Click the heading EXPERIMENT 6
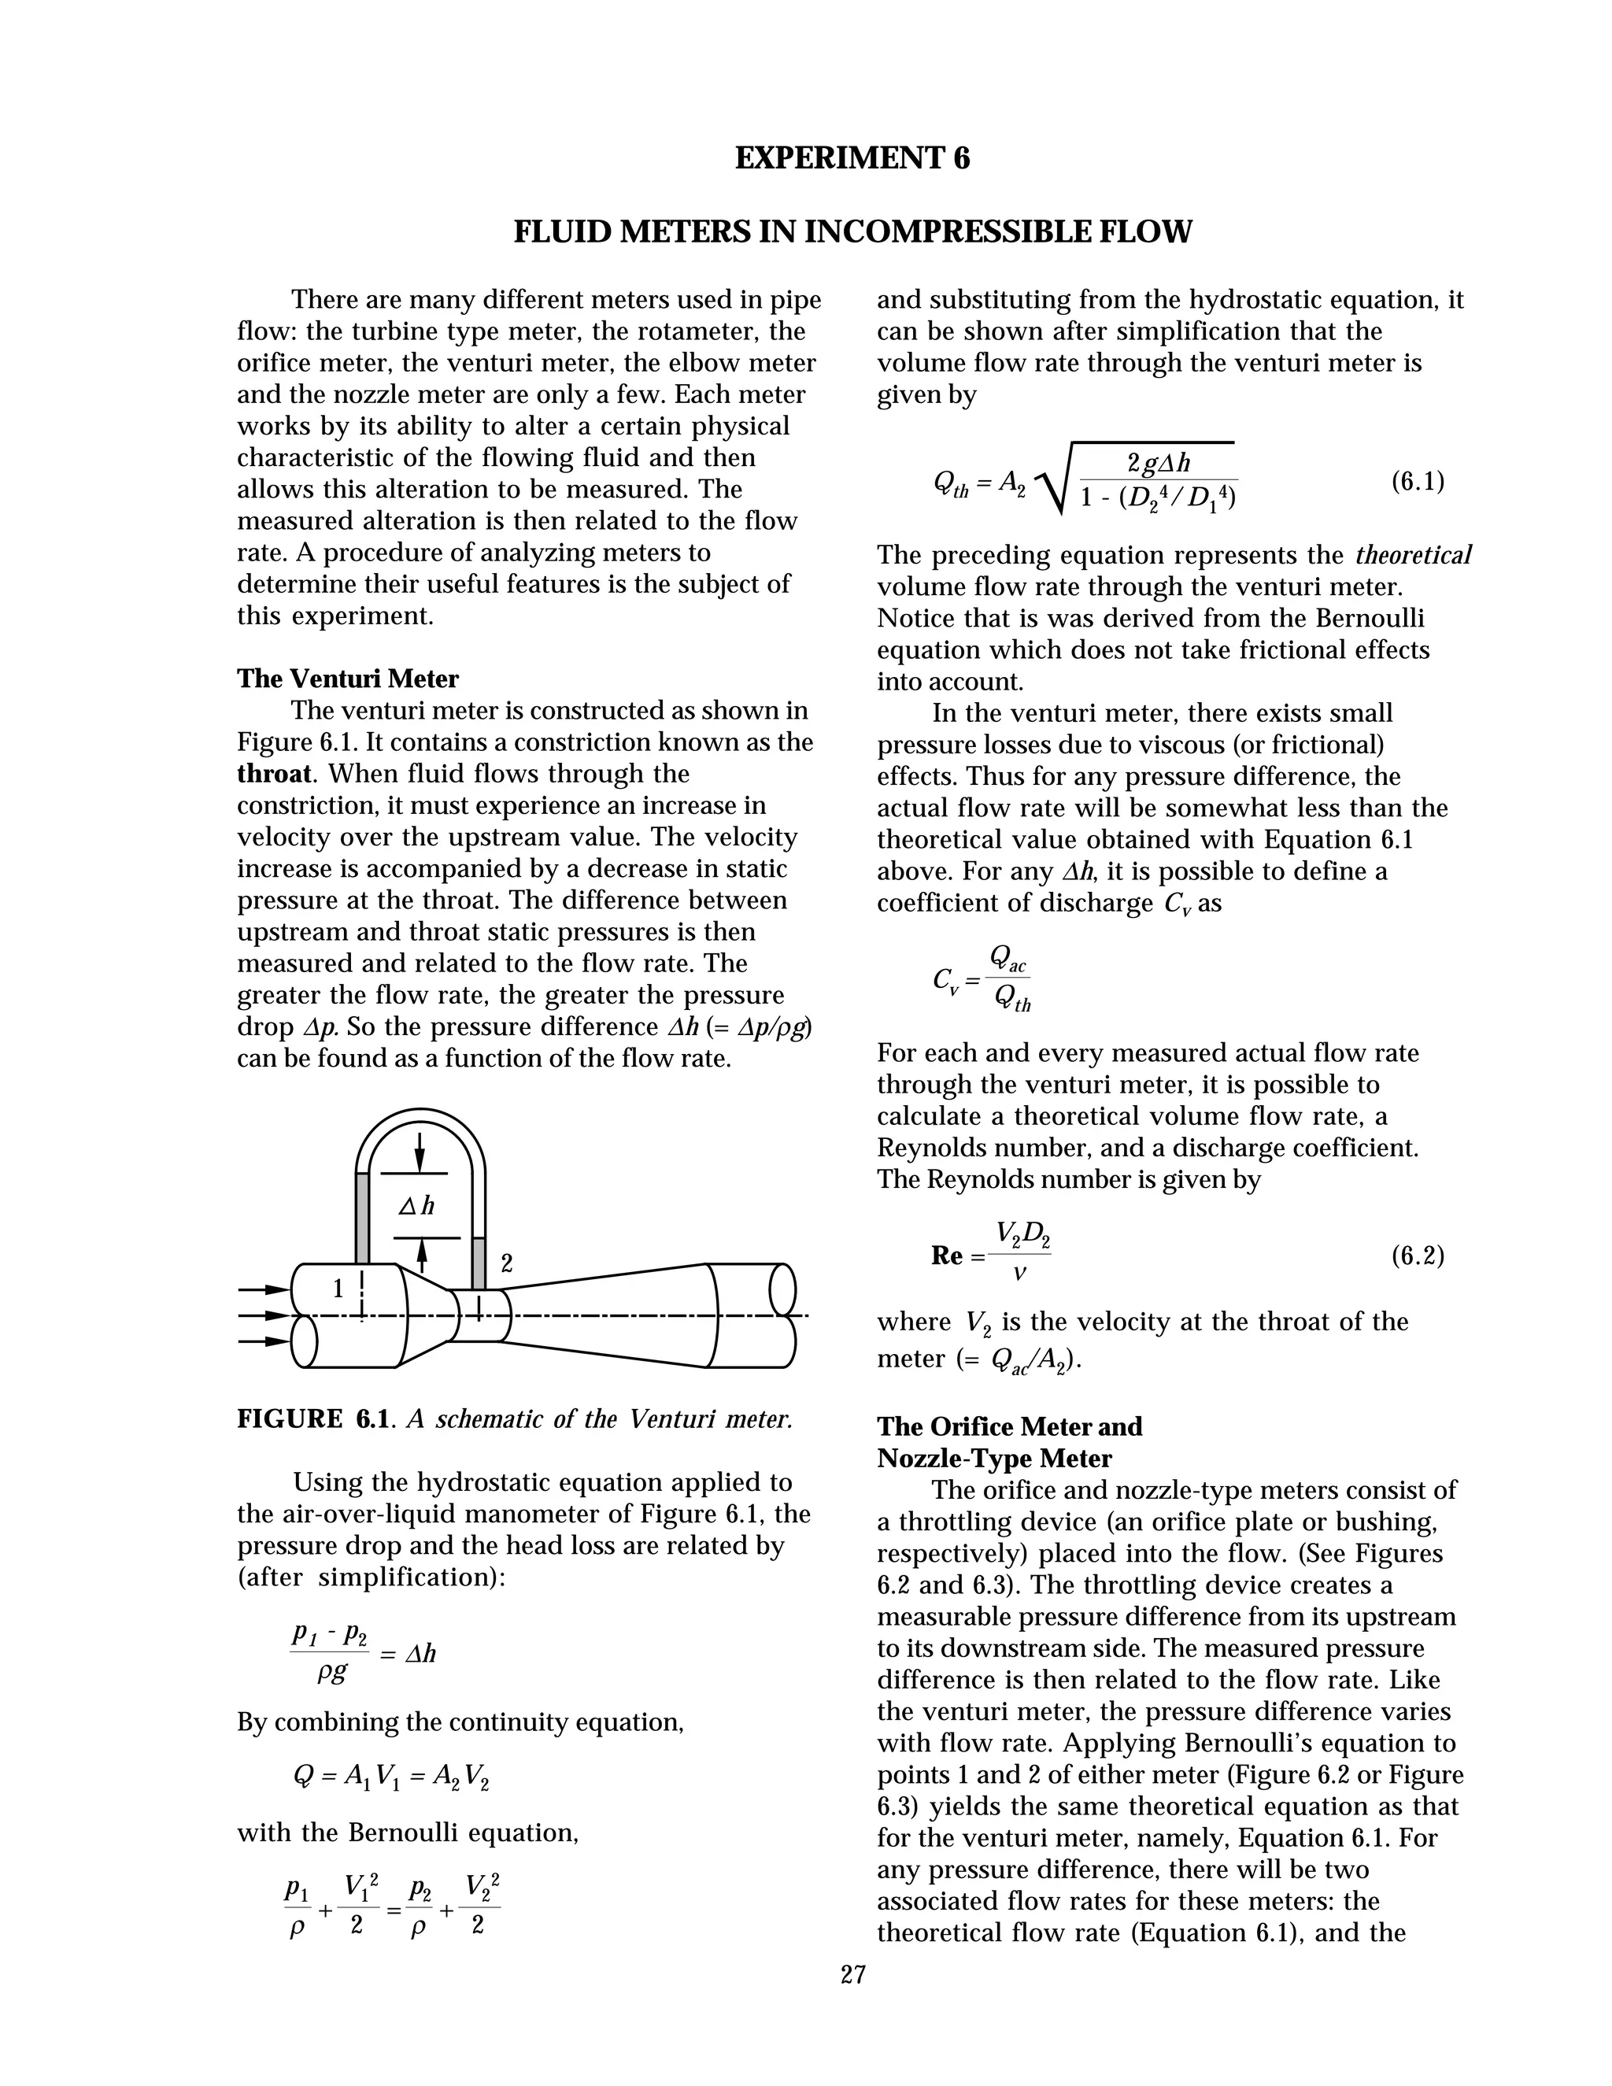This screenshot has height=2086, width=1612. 852,158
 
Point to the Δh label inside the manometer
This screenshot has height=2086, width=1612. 416,1206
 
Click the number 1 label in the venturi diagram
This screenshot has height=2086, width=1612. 337,1289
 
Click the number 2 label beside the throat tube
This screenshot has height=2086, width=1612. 507,1263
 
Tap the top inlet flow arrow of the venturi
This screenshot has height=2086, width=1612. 264,1289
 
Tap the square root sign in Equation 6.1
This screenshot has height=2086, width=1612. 1052,478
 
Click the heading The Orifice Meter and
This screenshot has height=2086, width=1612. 1009,1427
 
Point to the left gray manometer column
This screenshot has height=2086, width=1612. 362,1219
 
